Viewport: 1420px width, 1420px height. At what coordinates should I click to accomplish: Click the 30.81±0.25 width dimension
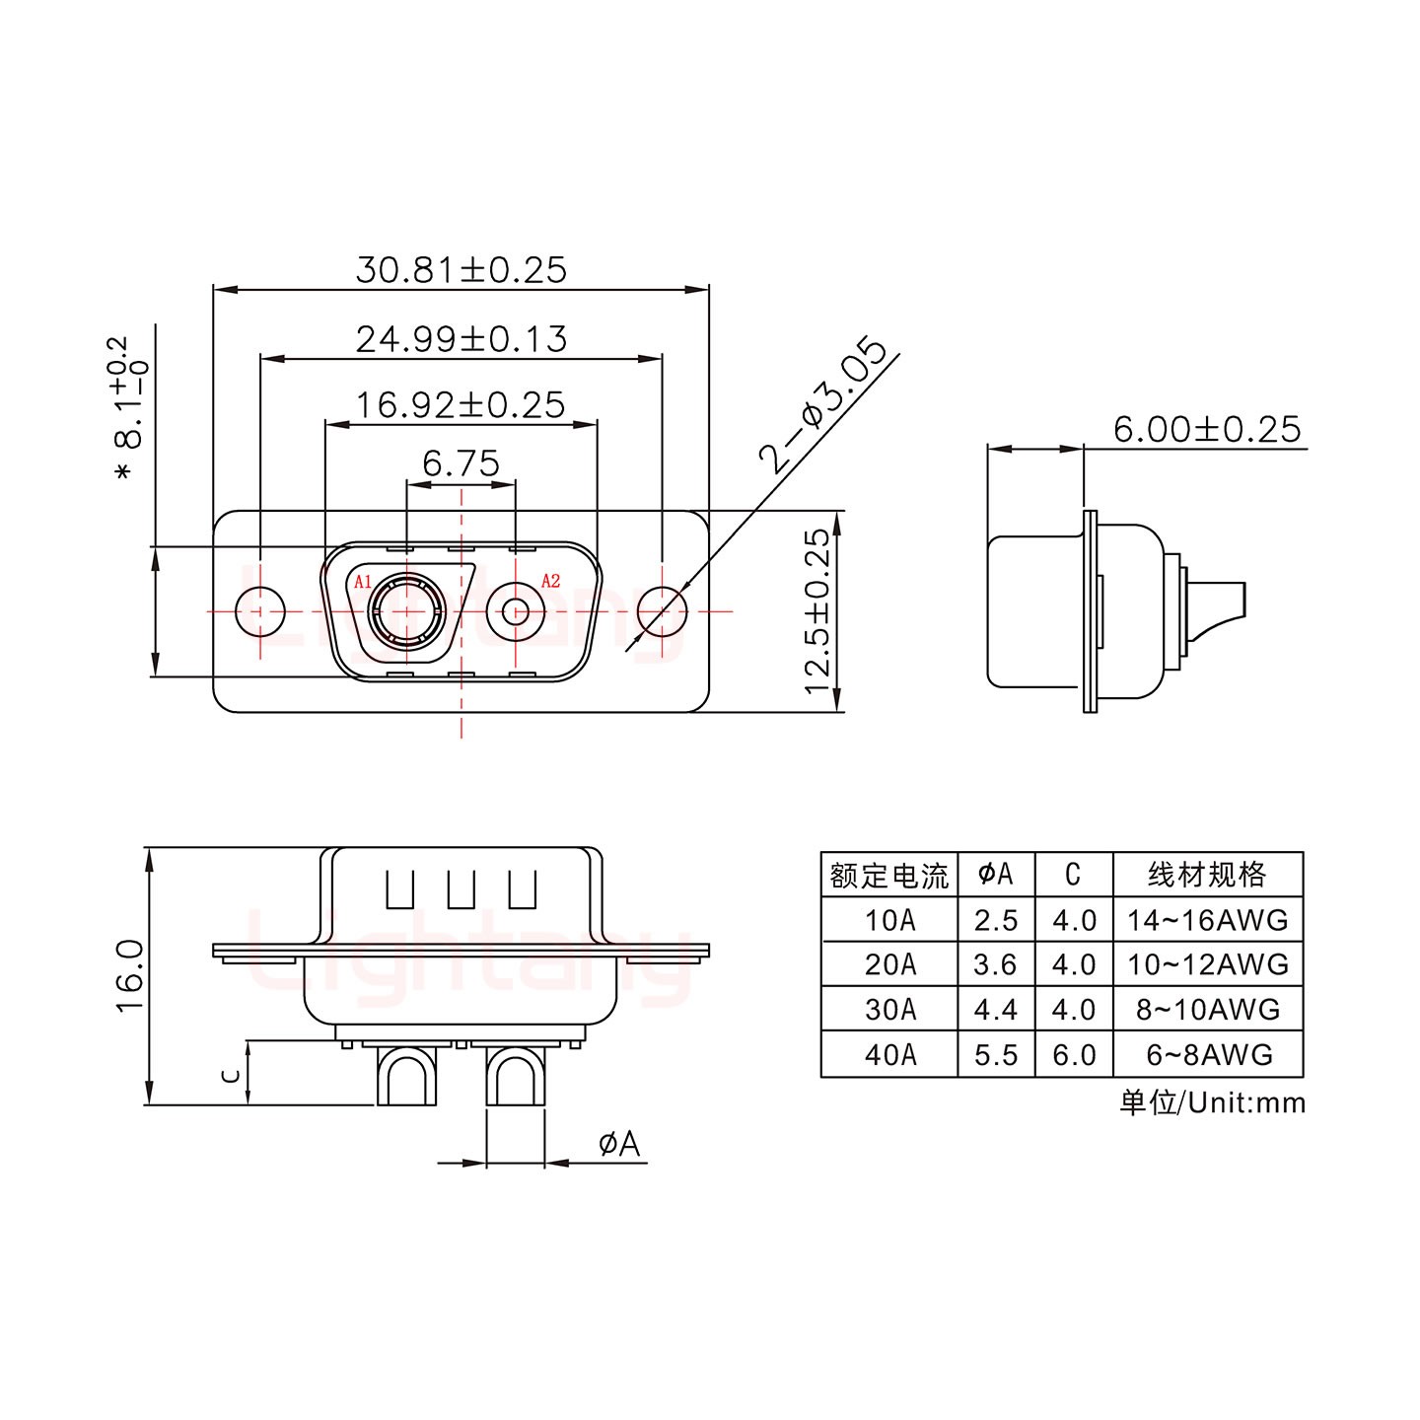461,269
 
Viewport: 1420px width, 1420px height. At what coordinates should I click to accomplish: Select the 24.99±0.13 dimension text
461,338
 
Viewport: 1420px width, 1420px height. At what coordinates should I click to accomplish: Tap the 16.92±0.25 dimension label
461,404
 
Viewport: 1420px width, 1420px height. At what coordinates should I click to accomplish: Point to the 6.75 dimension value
461,462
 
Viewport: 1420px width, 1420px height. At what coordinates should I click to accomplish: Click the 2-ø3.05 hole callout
822,405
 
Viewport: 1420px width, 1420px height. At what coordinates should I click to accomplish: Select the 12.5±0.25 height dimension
817,610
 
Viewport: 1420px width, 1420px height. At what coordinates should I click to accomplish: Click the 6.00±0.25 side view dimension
1206,429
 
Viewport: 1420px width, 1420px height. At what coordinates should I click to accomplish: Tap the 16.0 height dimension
130,975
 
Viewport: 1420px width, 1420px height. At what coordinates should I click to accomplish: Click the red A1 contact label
363,581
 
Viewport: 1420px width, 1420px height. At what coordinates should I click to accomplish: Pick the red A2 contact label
550,581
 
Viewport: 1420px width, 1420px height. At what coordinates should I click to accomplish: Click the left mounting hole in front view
260,611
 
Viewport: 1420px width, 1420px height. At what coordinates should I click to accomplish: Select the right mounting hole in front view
662,611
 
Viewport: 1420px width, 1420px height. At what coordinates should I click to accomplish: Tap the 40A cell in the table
889,1055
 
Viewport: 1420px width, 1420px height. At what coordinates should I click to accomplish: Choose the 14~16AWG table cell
1207,920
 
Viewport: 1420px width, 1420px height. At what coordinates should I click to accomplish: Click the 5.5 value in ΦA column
995,1055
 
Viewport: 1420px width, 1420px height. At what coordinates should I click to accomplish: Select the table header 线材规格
1207,875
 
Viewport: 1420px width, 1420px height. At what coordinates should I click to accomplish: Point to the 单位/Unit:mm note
1212,1102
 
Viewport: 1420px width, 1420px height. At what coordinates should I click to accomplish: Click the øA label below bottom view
619,1144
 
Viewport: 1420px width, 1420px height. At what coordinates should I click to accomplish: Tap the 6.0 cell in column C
1074,1055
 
